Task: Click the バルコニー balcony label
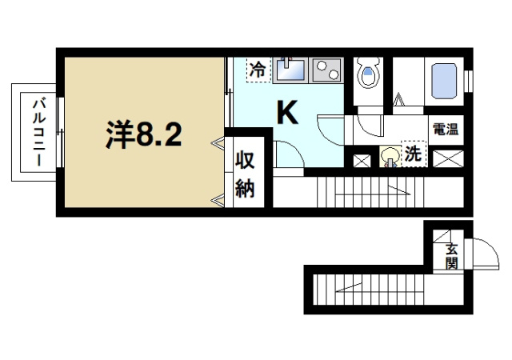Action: coord(37,132)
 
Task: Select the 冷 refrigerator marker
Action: coord(257,70)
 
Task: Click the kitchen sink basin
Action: coord(290,70)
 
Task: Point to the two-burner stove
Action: coord(326,71)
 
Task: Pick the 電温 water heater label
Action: coord(444,129)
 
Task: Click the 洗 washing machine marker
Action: coord(413,154)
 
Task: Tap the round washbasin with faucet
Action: coord(390,157)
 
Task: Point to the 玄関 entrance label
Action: coord(452,255)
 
